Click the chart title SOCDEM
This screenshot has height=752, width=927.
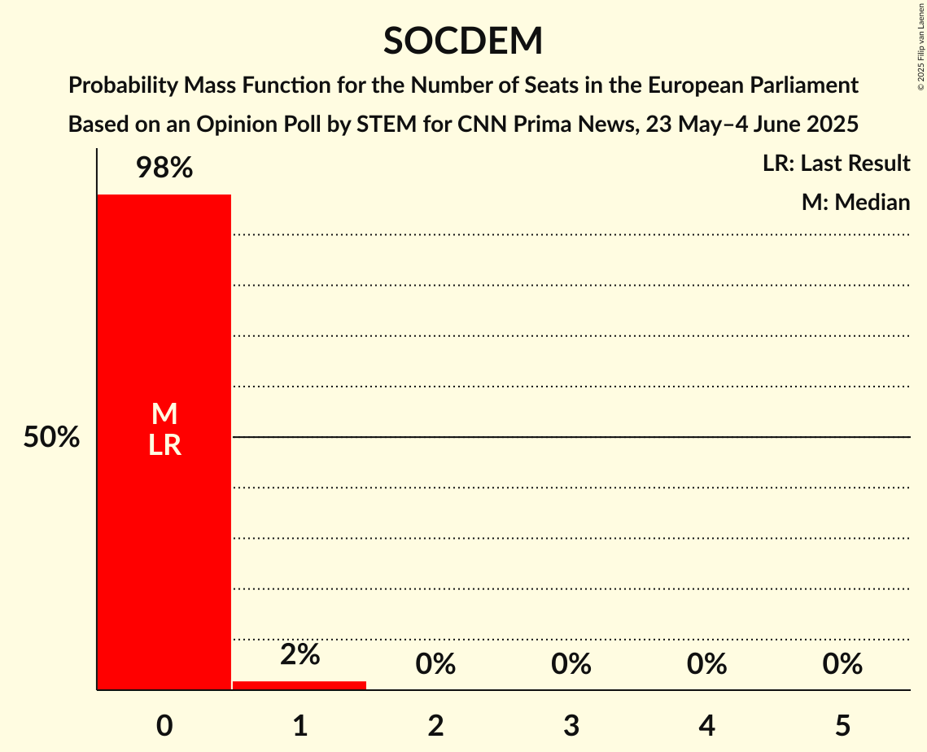point(463,41)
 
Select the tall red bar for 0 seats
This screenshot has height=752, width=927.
point(164,529)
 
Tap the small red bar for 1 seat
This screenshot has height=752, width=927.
point(300,685)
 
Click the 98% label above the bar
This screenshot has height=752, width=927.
point(164,168)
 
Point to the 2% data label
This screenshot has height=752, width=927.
point(300,654)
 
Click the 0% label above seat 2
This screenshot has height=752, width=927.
point(435,664)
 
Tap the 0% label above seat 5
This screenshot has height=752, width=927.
point(842,664)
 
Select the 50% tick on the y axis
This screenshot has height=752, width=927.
point(51,438)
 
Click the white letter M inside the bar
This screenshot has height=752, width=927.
point(164,414)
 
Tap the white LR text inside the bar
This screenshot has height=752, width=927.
point(164,445)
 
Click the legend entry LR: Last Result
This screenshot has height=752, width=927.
point(836,164)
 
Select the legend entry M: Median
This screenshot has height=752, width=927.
point(855,202)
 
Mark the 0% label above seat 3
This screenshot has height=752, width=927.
point(571,664)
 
